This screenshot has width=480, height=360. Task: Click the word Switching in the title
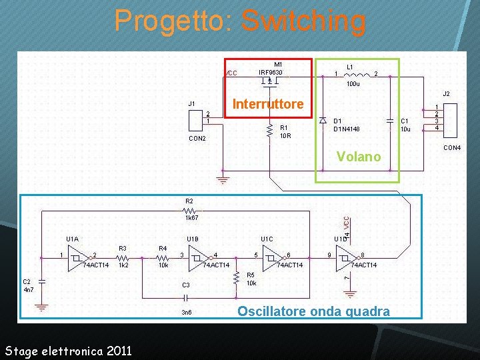click(x=303, y=21)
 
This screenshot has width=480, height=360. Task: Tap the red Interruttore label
click(x=267, y=104)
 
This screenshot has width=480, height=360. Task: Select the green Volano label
click(x=359, y=157)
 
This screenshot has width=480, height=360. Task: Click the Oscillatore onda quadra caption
click(x=313, y=311)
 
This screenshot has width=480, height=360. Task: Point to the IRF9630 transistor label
click(x=271, y=72)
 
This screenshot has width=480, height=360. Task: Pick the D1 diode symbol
click(x=323, y=121)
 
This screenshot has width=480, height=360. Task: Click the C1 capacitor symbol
click(x=390, y=121)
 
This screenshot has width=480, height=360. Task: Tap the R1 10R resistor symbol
click(x=269, y=131)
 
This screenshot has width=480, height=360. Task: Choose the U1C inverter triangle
click(x=271, y=257)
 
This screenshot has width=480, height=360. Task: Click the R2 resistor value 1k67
click(x=191, y=217)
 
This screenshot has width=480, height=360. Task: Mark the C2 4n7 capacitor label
click(x=28, y=286)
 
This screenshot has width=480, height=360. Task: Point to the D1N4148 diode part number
click(x=347, y=129)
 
